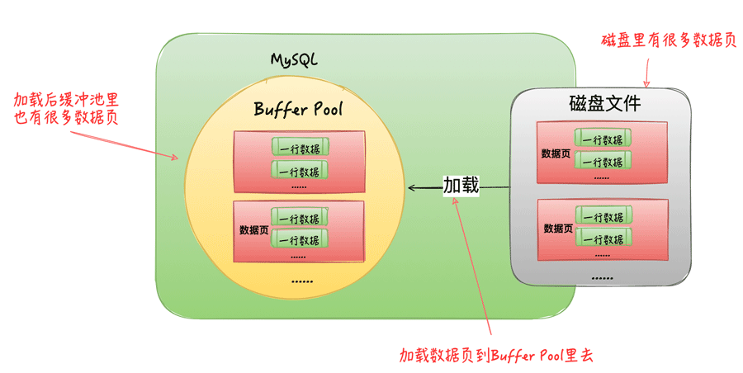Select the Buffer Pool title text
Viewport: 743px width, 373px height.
[x=298, y=109]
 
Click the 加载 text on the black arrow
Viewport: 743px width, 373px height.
[x=461, y=186]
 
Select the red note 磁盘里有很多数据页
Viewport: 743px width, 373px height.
[x=668, y=41]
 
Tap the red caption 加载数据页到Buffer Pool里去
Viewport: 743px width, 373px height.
[x=496, y=356]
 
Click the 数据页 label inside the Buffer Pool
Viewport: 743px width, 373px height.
[x=253, y=229]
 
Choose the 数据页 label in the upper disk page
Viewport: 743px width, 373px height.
[x=556, y=153]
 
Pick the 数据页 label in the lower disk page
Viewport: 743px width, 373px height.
[x=558, y=228]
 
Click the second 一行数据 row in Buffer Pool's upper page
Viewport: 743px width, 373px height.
[x=301, y=172]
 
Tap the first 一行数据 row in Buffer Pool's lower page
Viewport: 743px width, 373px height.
[x=301, y=219]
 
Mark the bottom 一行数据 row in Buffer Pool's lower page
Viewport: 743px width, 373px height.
[x=301, y=239]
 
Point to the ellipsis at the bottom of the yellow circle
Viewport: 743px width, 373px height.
[x=301, y=282]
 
